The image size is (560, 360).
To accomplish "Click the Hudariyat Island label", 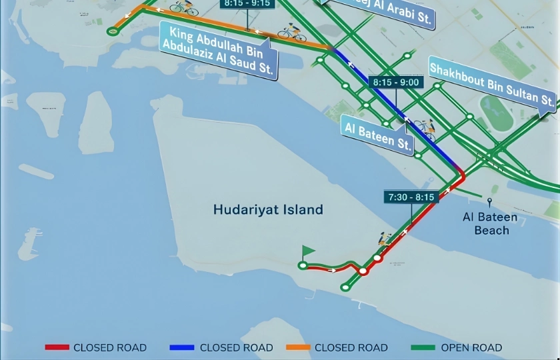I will pos(268,209).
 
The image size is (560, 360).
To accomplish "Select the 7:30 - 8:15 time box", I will pos(410,197).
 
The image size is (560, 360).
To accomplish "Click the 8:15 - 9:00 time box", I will pos(396,82).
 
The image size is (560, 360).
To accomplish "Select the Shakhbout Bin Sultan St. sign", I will pos(492,85).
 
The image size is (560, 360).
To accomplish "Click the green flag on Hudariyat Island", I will pos(307,252).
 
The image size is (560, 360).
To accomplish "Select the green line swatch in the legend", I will pos(424,347).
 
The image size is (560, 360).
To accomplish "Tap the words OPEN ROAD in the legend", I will pos(472,347).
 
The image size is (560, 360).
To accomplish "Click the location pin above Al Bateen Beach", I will pos(490,201).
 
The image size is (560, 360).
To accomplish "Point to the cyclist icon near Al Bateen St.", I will pos(424,126).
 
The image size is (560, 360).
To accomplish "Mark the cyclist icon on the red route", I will pos(385,239).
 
